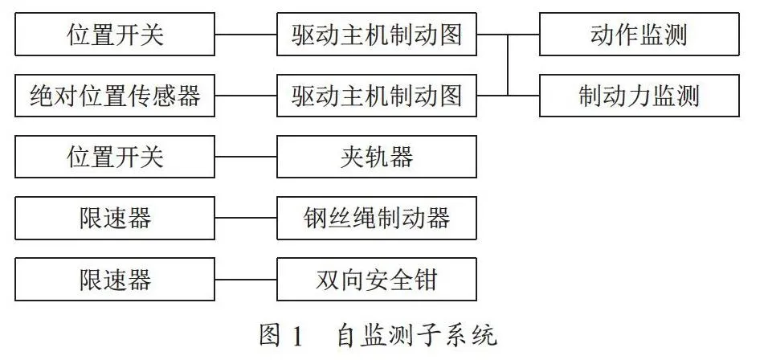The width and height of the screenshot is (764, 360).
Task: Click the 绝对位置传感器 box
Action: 115,96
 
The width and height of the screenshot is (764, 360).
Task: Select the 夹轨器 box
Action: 377,157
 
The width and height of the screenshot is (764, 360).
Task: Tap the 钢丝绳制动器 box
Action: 377,218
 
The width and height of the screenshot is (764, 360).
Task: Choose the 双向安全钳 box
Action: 377,279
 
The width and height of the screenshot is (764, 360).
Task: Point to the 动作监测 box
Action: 639,34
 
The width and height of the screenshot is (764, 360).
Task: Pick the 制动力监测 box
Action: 639,96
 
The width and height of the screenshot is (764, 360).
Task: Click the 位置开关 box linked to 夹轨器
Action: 115,157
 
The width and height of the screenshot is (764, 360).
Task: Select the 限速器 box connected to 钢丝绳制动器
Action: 115,218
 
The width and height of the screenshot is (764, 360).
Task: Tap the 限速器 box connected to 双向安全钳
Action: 115,279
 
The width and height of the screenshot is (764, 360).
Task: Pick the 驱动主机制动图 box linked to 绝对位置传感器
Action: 377,96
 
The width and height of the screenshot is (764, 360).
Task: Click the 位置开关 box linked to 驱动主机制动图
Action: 115,34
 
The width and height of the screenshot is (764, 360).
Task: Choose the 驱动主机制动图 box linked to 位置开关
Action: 377,34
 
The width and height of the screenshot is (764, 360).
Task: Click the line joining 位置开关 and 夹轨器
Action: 246,157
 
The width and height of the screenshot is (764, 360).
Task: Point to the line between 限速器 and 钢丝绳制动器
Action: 246,218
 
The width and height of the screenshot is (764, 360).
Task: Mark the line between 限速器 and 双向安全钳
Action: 246,279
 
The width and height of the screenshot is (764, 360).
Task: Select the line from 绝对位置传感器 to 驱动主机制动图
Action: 246,96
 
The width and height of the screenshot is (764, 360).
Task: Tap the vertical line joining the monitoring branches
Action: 508,65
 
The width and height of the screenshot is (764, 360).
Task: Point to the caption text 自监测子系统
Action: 417,336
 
